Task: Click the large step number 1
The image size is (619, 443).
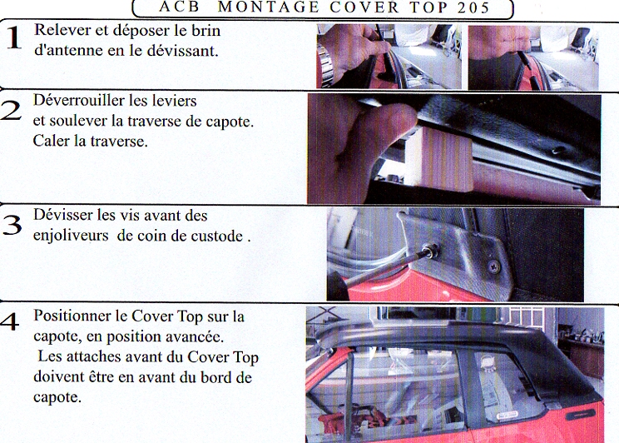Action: tap(14, 38)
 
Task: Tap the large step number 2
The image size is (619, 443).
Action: tap(11, 110)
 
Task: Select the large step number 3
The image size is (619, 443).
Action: tap(12, 225)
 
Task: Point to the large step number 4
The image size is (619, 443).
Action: tap(9, 321)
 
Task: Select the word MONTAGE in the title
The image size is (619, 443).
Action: tap(269, 7)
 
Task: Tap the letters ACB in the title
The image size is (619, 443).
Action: tap(180, 7)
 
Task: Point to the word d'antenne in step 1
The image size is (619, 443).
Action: tap(69, 51)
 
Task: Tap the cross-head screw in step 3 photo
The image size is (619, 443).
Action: tap(493, 267)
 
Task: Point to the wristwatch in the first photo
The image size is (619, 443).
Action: tap(326, 65)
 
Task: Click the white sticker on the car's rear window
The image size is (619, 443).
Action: tap(508, 416)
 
